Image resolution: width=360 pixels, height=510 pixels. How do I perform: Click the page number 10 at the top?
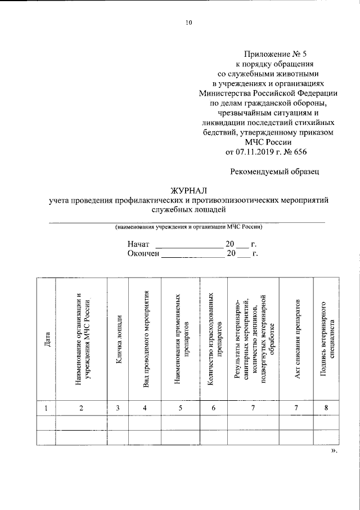(188, 23)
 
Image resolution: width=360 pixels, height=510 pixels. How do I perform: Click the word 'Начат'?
(138, 245)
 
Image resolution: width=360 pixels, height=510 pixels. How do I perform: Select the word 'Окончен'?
(144, 254)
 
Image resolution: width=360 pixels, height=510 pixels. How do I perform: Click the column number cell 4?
(145, 408)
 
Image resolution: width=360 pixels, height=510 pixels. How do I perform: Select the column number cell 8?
(327, 408)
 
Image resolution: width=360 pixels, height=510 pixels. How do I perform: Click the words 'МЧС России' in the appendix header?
(266, 142)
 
